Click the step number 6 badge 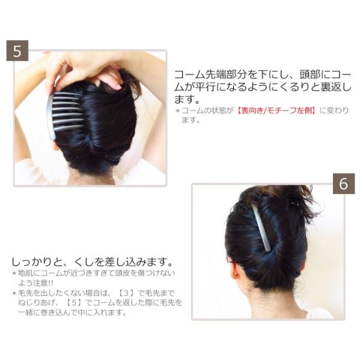343,184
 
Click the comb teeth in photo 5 67,112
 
